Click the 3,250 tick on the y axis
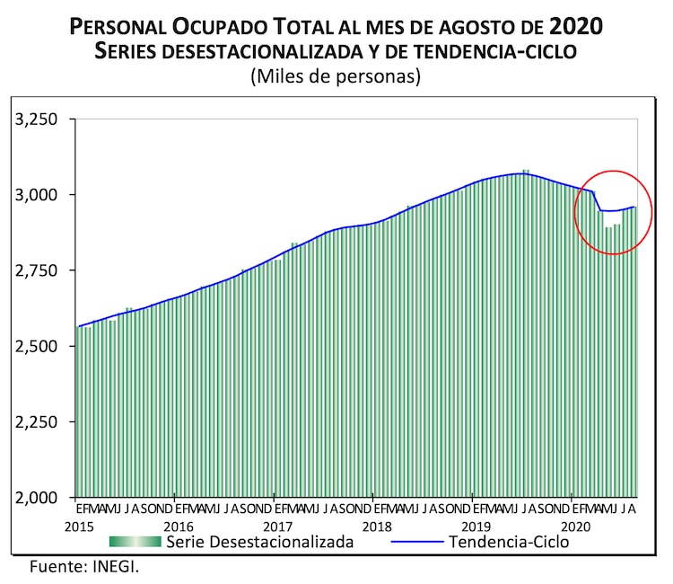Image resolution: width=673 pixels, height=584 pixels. click(x=38, y=119)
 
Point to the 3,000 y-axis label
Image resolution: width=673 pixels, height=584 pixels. click(x=38, y=195)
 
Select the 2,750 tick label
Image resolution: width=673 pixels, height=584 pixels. click(x=38, y=270)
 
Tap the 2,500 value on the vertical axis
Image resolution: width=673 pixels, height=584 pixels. click(x=38, y=346)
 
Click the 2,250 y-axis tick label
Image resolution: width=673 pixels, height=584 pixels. click(x=38, y=421)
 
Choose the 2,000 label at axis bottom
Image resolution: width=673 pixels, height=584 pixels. click(x=38, y=497)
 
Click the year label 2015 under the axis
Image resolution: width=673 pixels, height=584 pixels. click(x=80, y=526)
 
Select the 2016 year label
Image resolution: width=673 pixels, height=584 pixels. click(x=179, y=526)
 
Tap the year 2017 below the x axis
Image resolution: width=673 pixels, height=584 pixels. click(x=278, y=526)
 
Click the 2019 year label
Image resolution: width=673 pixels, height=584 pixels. click(x=476, y=526)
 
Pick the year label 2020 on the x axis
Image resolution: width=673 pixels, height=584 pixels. click(x=575, y=526)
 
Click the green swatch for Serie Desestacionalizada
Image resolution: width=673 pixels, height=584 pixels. click(x=135, y=542)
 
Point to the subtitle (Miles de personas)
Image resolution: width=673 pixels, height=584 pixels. click(x=336, y=77)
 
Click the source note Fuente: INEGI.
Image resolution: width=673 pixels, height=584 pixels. click(x=84, y=567)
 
